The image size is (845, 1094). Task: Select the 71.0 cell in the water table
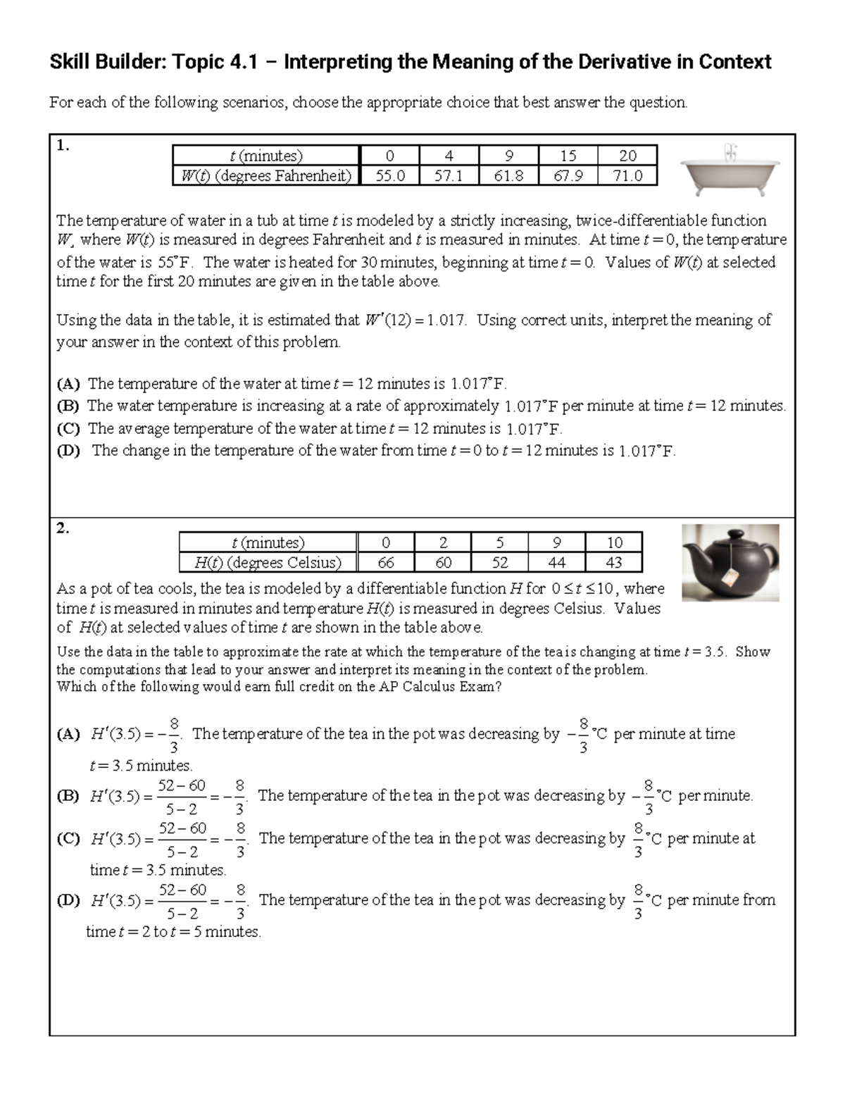(627, 175)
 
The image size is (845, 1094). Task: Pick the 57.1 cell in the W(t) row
(448, 175)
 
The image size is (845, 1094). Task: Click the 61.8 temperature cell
(508, 175)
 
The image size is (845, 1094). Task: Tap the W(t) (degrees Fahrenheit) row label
(265, 175)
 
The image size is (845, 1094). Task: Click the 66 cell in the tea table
(385, 562)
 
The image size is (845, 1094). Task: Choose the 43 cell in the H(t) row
(613, 562)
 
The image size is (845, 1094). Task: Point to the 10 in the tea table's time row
(613, 542)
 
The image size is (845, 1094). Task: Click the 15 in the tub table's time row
(568, 156)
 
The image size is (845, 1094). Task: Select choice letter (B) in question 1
(68, 406)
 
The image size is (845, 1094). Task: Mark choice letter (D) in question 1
(68, 451)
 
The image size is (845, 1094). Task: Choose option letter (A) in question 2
(68, 734)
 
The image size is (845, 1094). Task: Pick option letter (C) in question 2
(68, 839)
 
